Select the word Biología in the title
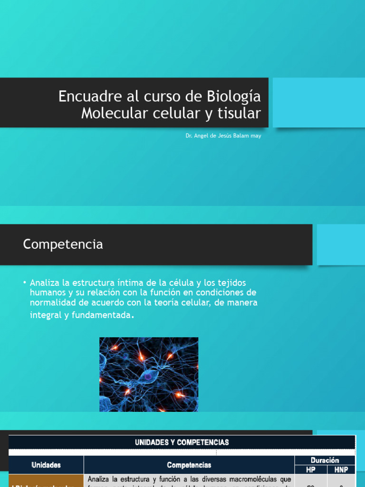[234, 97]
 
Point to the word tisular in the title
[241, 114]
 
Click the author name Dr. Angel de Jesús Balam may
[223, 136]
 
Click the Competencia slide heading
[63, 244]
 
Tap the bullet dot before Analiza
[25, 282]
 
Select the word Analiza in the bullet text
[45, 283]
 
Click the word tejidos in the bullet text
[230, 283]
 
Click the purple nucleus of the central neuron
[148, 376]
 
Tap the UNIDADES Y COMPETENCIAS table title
[182, 442]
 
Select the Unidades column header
[46, 465]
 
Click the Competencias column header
[189, 465]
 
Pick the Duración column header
[325, 460]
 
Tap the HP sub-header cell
[311, 469]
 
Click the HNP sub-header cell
[341, 469]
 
